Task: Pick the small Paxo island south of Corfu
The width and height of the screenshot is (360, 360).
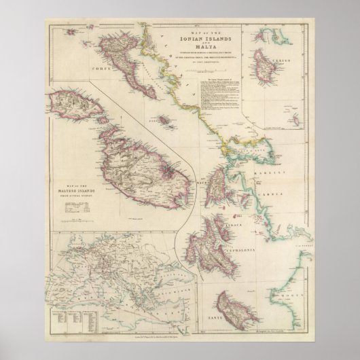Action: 164,120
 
